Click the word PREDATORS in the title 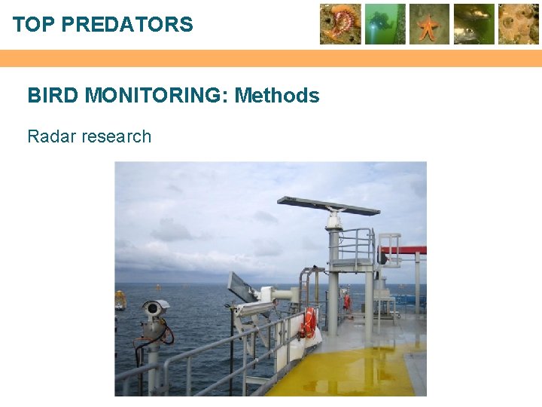click(127, 25)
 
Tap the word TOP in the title click(34, 25)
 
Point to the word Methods click(277, 96)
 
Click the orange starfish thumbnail click(430, 24)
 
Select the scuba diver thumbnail click(385, 24)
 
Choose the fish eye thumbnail click(474, 24)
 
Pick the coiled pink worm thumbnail click(340, 24)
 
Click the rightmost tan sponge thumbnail click(519, 24)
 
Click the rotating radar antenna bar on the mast click(328, 205)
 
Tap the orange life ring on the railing click(308, 323)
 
